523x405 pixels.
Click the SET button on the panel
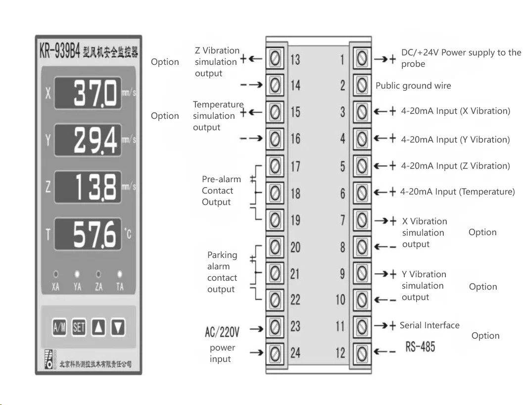[x=79, y=327]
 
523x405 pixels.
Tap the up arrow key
[x=98, y=327]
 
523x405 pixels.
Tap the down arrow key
[x=118, y=327]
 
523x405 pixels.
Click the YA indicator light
[x=77, y=273]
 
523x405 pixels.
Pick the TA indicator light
[x=119, y=273]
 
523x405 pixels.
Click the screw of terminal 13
[x=276, y=59]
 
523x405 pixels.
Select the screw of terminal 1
[x=362, y=59]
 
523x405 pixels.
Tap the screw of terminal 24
[x=276, y=353]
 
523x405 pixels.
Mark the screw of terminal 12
[x=362, y=353]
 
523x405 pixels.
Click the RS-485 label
[x=420, y=347]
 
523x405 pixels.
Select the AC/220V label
[x=222, y=331]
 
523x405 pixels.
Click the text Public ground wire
[x=413, y=86]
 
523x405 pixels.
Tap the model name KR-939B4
[x=59, y=51]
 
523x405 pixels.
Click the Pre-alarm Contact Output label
[x=221, y=191]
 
